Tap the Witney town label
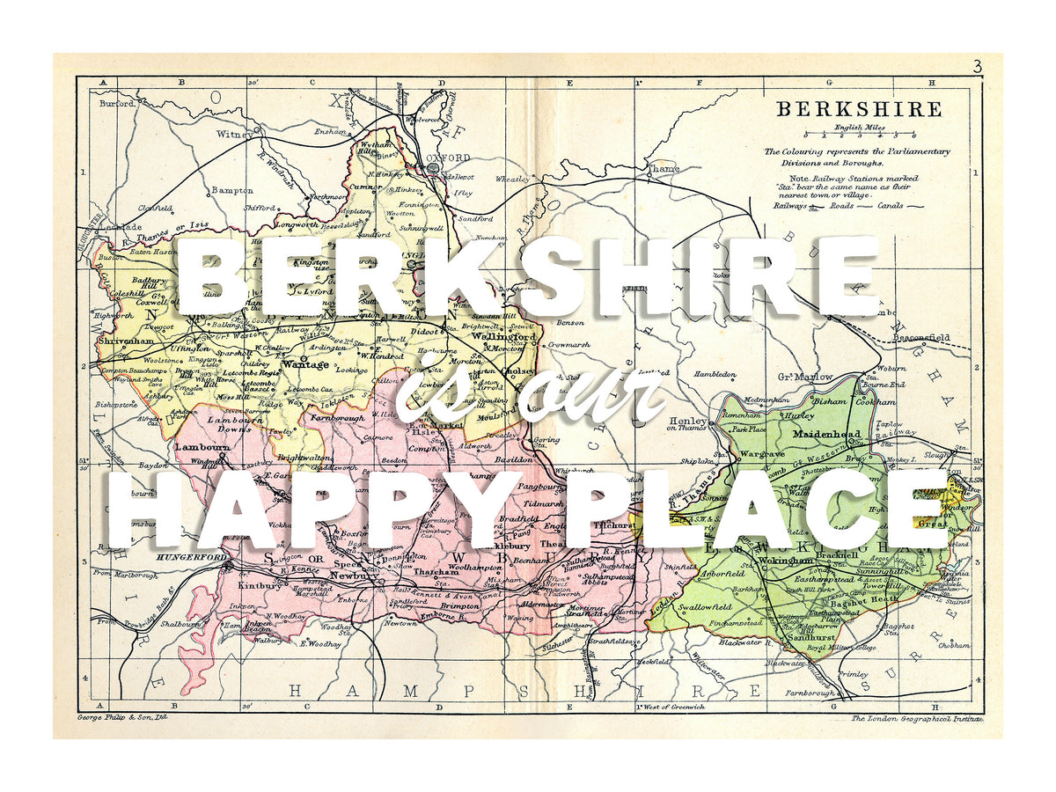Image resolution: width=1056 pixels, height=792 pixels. pyautogui.click(x=235, y=135)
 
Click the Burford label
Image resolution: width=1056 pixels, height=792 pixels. pyautogui.click(x=115, y=103)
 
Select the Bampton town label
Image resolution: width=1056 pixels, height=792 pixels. pyautogui.click(x=232, y=190)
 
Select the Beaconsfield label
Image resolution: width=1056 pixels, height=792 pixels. pyautogui.click(x=922, y=337)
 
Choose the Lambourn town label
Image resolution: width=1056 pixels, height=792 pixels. pyautogui.click(x=202, y=447)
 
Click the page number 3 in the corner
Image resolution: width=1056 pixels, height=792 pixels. pyautogui.click(x=977, y=66)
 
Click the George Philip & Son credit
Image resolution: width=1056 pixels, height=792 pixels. pyautogui.click(x=122, y=719)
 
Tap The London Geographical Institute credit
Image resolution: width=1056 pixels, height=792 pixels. pyautogui.click(x=914, y=719)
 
